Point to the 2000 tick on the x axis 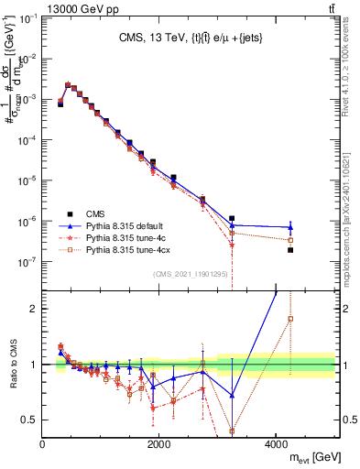click(159, 443)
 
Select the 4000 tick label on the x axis click(276, 443)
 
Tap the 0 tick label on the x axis click(42, 443)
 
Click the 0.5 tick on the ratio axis click(29, 420)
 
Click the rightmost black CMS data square click(290, 250)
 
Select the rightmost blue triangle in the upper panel click(290, 227)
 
